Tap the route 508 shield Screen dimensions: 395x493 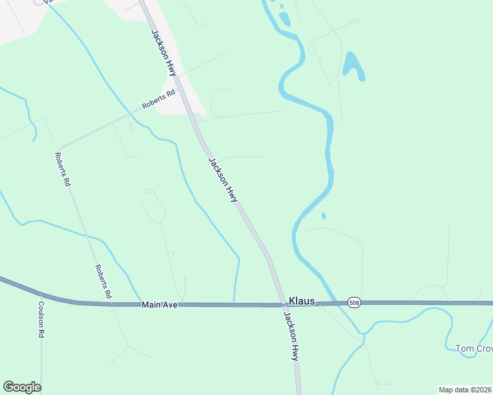click(355, 302)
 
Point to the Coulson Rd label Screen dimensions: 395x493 click(41, 319)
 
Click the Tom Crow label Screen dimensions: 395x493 click(474, 348)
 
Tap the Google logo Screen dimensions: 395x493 click(22, 387)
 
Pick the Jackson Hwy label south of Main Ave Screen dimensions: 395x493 click(291, 334)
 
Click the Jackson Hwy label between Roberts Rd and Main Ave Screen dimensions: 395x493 click(223, 179)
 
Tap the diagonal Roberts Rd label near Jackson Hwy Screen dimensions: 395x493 click(159, 99)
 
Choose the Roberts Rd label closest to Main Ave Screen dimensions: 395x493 click(102, 281)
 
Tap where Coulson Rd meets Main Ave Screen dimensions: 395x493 click(41, 296)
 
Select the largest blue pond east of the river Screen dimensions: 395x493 click(353, 65)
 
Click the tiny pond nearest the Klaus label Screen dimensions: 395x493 click(323, 215)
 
